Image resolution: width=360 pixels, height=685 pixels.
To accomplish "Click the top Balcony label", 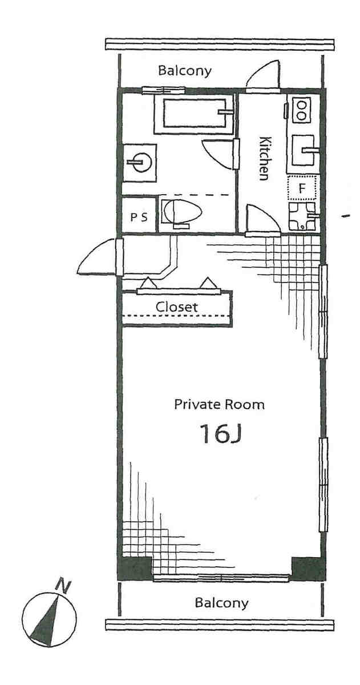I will point(185,71).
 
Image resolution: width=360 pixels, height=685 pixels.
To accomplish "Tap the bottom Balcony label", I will point(221,602).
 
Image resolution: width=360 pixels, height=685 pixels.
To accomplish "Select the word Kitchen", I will point(264,158).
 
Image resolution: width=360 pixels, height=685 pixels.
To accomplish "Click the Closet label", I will point(177,307).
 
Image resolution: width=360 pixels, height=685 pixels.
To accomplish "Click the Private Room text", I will point(219,405).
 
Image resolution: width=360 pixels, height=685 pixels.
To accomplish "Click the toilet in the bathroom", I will point(182,213).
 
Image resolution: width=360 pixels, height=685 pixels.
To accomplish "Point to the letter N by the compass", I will point(63,585).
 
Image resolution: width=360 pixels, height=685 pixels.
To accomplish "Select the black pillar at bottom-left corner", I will point(135,568).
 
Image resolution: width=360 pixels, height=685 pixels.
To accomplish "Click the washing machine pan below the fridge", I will point(303,217).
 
